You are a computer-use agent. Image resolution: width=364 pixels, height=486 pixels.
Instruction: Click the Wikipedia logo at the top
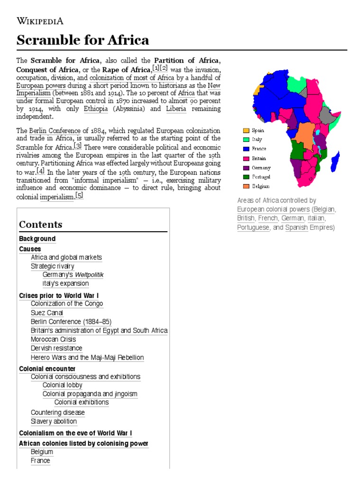(40, 20)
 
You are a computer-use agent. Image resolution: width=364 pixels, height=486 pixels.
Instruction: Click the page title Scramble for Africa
(82, 40)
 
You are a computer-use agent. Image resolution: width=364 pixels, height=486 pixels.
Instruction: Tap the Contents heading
(41, 224)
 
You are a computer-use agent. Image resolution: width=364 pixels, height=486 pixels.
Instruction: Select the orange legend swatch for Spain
(246, 130)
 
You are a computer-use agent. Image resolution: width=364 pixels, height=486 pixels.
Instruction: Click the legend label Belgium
(261, 187)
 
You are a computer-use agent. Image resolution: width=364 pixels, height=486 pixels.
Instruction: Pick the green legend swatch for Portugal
(246, 177)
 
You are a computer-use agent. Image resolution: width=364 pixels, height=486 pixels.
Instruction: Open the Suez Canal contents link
(47, 313)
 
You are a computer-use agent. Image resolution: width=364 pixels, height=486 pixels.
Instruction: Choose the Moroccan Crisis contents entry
(53, 339)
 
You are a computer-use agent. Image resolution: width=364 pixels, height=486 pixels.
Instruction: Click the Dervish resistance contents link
(56, 348)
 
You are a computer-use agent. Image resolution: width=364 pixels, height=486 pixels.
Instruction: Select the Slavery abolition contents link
(54, 421)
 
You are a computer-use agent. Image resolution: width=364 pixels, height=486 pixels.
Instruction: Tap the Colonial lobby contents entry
(62, 385)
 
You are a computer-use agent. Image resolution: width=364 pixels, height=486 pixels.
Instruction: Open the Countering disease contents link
(58, 412)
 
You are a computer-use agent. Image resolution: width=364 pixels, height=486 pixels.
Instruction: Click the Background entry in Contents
(37, 239)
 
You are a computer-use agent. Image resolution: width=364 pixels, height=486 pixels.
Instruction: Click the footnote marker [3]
(78, 145)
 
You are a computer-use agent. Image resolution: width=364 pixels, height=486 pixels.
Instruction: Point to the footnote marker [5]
(79, 196)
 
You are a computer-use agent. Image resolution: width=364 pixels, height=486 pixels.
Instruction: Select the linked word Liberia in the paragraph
(176, 109)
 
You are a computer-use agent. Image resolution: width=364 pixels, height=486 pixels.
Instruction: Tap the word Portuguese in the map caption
(253, 227)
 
